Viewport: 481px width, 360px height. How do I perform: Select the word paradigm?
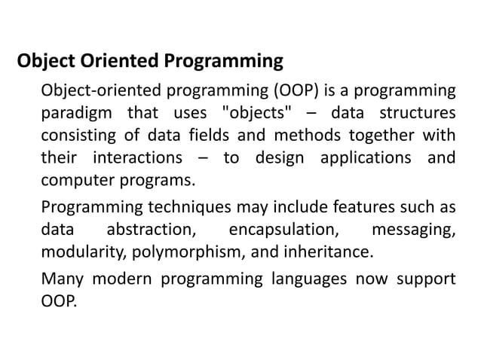pyautogui.click(x=73, y=114)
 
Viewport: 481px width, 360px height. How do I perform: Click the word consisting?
pyautogui.click(x=77, y=136)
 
